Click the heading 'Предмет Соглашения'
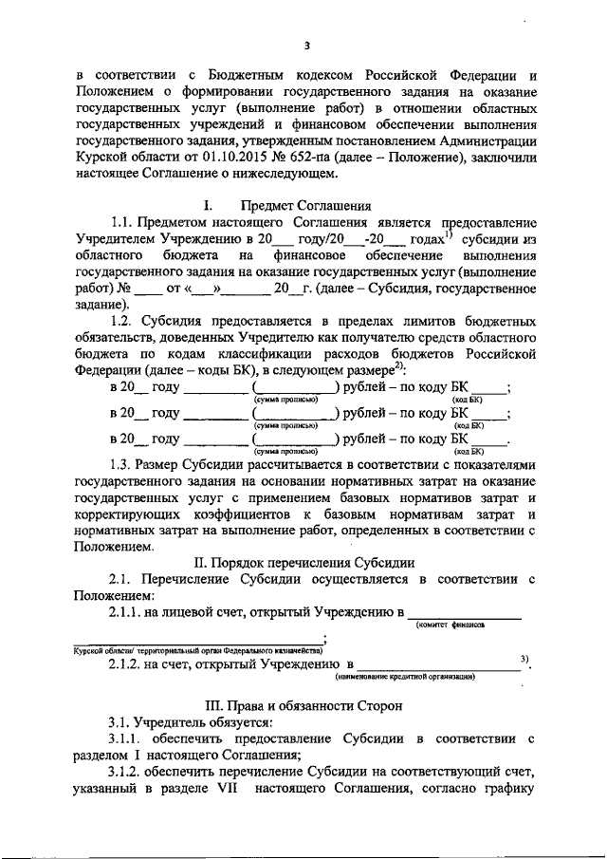[x=306, y=205]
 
